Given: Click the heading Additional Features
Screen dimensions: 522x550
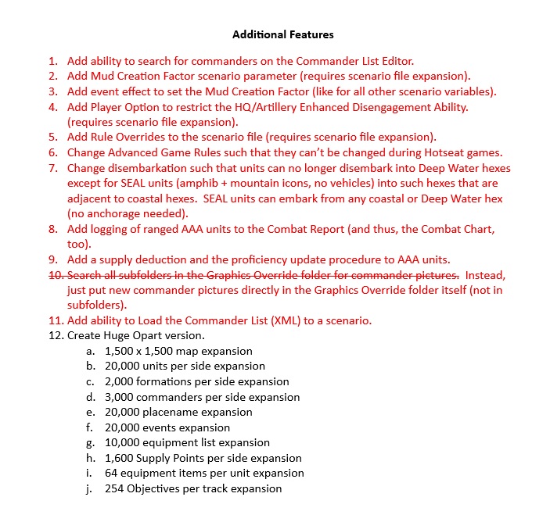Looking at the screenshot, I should point(283,34).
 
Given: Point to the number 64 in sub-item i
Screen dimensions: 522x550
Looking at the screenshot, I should point(112,474).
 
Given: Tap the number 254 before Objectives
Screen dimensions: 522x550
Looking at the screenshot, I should point(115,489).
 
